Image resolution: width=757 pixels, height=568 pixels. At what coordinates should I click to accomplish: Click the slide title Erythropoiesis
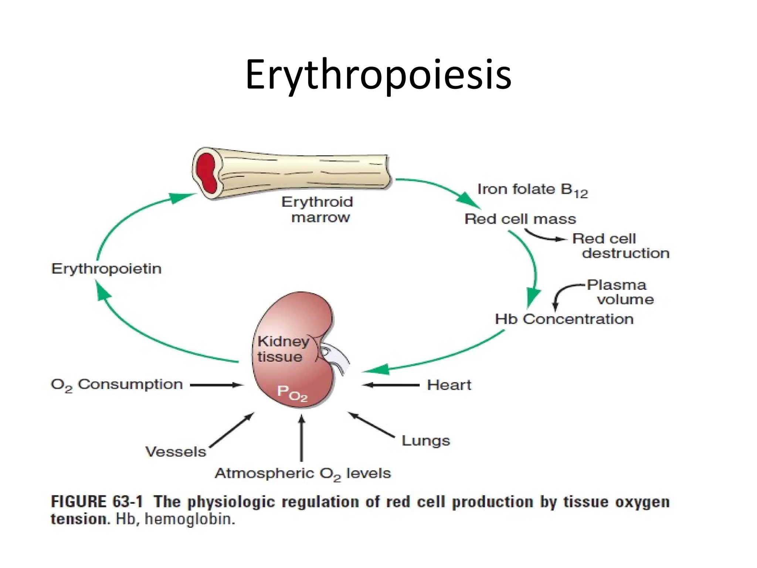[x=378, y=76]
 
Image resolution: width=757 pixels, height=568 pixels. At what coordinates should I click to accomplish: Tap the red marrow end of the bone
[x=206, y=172]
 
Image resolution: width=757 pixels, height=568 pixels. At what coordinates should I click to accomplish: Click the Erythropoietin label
[x=106, y=268]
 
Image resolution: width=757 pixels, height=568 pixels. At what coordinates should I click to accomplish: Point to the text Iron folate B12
[x=532, y=190]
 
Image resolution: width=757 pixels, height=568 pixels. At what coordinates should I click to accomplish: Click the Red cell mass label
[x=520, y=219]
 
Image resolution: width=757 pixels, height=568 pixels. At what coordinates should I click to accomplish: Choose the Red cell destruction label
[x=621, y=246]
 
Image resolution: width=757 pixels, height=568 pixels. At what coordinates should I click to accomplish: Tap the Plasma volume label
[x=621, y=292]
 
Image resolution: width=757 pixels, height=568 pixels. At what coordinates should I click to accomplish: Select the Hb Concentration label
[x=564, y=319]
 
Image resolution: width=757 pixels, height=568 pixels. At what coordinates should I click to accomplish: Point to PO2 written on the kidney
[x=292, y=393]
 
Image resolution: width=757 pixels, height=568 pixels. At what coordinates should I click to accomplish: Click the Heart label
[x=449, y=385]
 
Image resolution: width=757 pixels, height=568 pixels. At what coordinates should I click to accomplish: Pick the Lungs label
[x=426, y=440]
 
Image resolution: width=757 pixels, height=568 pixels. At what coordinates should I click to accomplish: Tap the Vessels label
[x=176, y=452]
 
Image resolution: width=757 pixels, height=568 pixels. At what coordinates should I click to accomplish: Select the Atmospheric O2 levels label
[x=303, y=474]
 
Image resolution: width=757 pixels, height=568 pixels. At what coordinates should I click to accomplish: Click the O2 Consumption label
[x=117, y=385]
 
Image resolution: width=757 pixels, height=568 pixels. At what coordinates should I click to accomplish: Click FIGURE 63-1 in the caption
[x=97, y=502]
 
